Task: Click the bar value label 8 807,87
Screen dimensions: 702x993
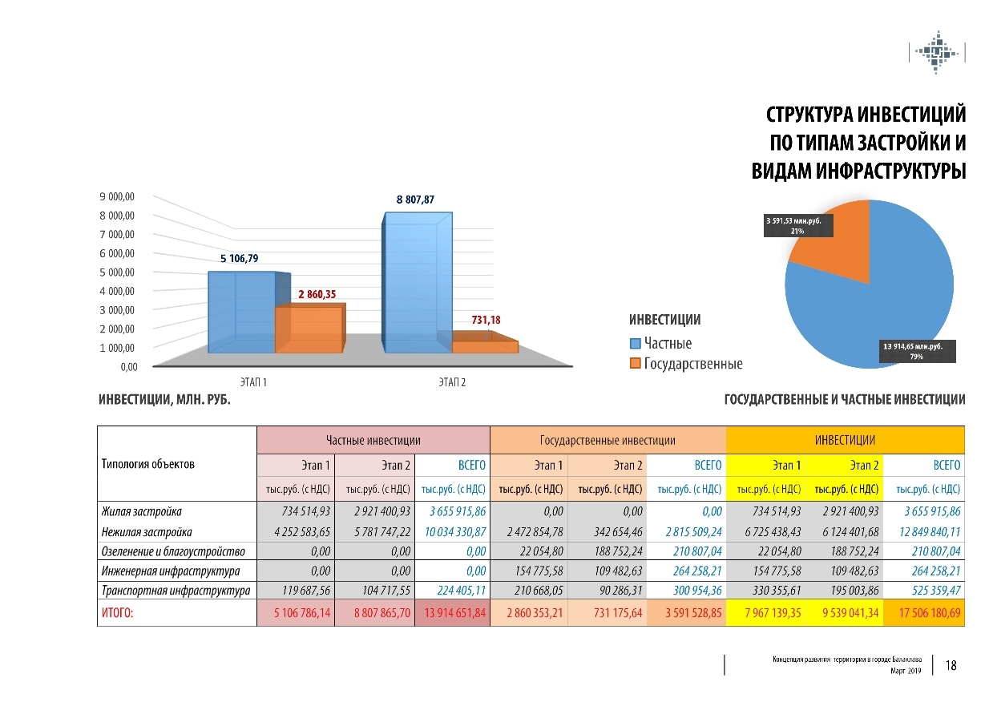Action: click(x=414, y=199)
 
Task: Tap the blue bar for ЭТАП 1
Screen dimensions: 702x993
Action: click(x=241, y=313)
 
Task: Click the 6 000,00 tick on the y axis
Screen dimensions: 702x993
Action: click(x=117, y=253)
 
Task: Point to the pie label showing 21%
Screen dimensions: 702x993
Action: click(x=797, y=225)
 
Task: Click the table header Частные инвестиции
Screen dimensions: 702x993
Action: click(x=373, y=440)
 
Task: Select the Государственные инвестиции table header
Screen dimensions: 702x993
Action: click(x=608, y=440)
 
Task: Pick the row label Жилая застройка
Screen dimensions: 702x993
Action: click(x=142, y=511)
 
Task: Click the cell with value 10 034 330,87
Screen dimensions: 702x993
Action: click(x=453, y=531)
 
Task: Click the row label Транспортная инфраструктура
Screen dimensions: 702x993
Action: click(x=176, y=591)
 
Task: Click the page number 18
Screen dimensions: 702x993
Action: click(x=951, y=665)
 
